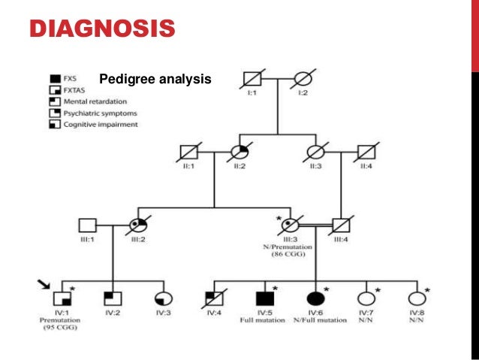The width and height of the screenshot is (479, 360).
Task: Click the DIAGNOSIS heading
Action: [x=101, y=30]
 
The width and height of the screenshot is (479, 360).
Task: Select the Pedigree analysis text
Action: [x=155, y=78]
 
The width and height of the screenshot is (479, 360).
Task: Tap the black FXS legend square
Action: [x=56, y=77]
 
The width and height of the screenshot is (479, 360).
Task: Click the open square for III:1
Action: [x=87, y=224]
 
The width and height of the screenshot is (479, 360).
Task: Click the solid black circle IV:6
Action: [x=314, y=297]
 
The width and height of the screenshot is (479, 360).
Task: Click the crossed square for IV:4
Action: [x=215, y=297]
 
